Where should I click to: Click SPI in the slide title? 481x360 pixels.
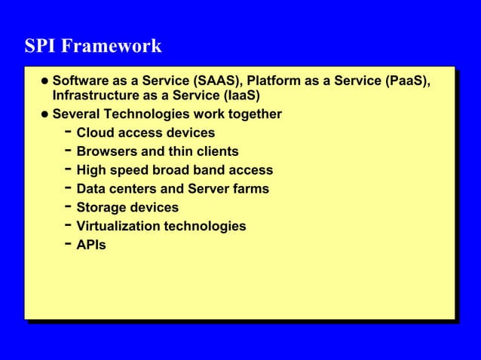pos(41,47)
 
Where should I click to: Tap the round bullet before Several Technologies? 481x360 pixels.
pos(45,114)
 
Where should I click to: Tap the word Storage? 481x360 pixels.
pos(103,207)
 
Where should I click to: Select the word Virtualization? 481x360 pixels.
pos(121,226)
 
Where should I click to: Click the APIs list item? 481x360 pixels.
pos(91,245)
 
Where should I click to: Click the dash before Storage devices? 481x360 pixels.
pos(68,206)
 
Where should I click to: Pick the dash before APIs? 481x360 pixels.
pos(68,244)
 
